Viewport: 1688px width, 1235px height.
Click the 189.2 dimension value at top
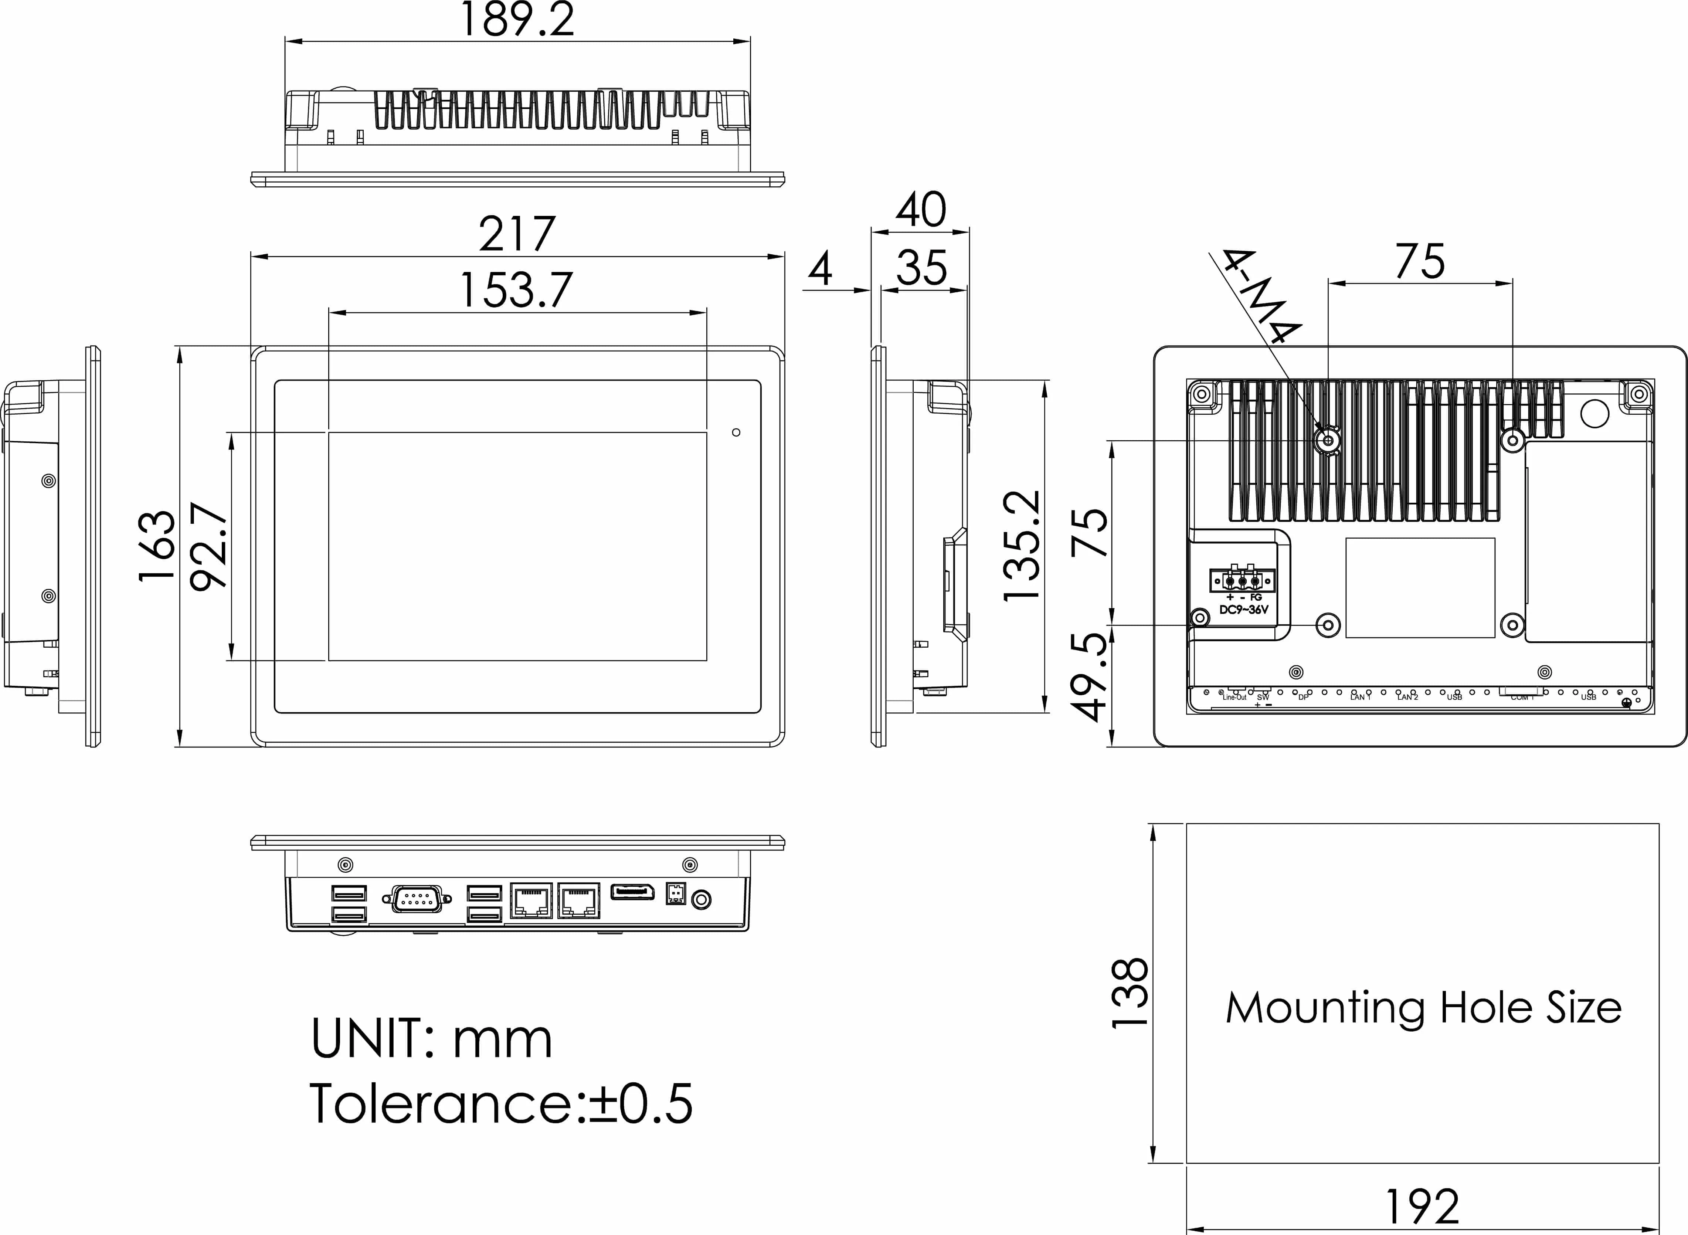pyautogui.click(x=517, y=20)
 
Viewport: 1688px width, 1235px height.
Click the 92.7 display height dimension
pyautogui.click(x=209, y=546)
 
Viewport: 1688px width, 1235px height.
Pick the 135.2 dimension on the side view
pyautogui.click(x=1022, y=546)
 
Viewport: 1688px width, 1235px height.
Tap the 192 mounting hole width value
pyautogui.click(x=1422, y=1207)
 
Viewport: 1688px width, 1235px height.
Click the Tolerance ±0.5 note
pyautogui.click(x=501, y=1103)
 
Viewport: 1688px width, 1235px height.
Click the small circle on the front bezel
pyautogui.click(x=736, y=432)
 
